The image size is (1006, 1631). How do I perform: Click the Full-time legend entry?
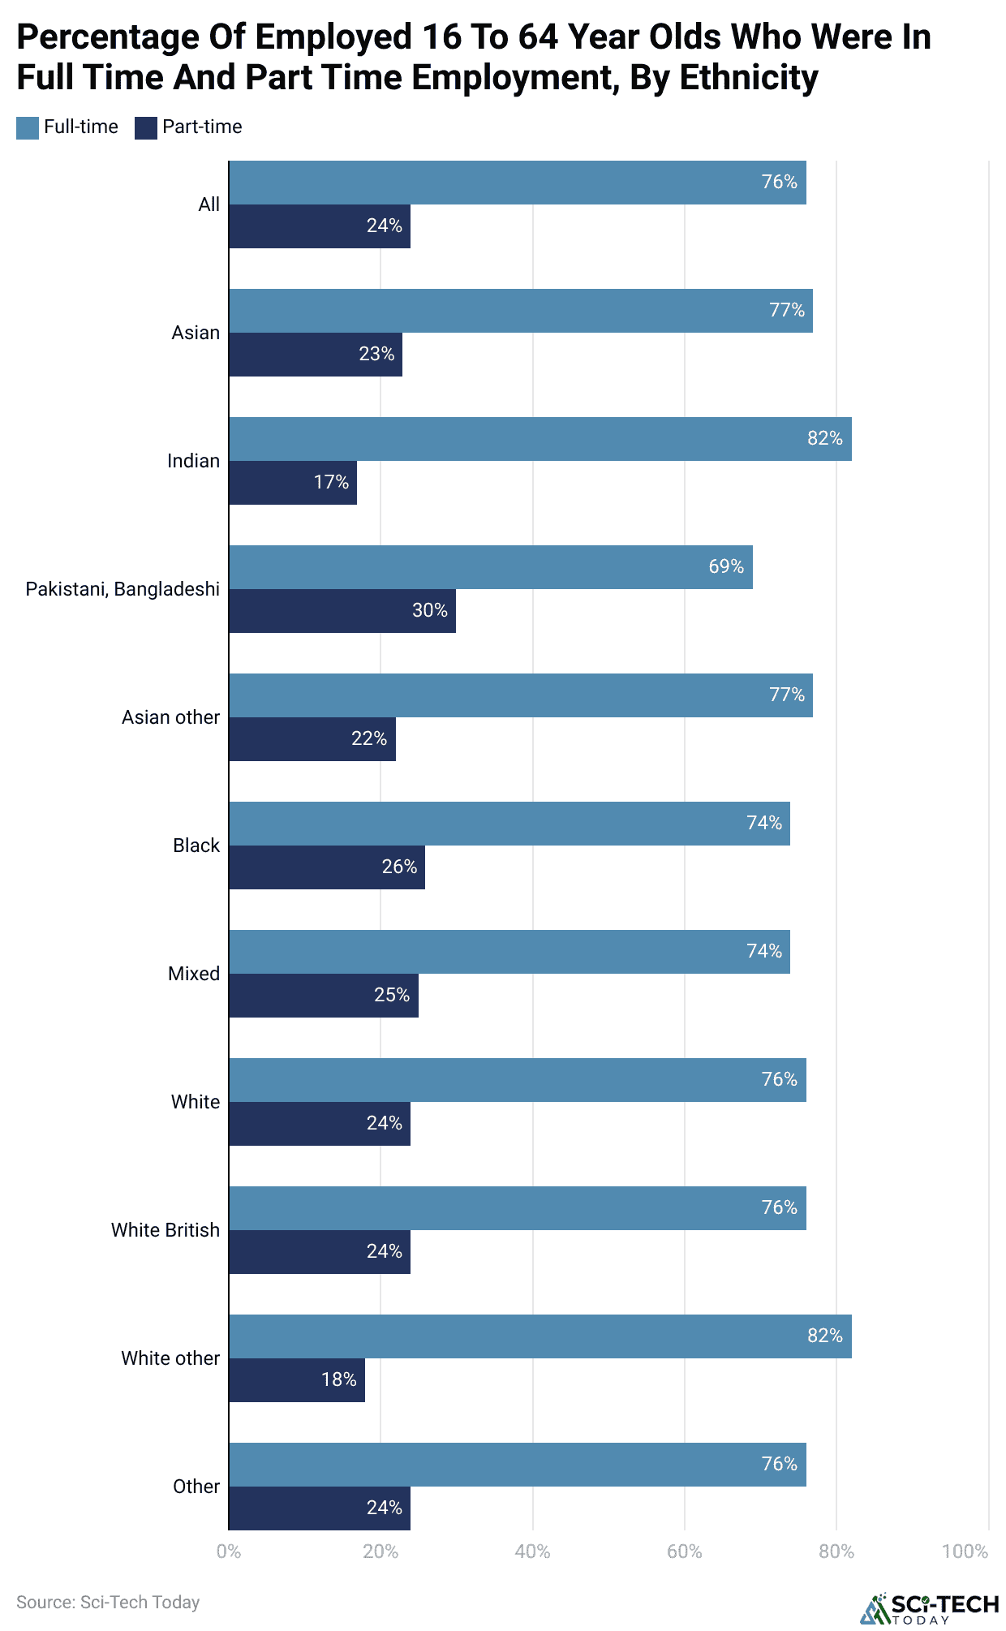67,127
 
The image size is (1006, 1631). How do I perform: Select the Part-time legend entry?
188,127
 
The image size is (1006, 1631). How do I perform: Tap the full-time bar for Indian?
540,439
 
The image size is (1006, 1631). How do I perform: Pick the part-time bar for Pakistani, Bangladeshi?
342,611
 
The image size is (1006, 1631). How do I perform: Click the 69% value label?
726,566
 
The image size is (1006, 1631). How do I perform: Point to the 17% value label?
331,482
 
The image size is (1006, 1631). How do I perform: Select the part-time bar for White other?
296,1380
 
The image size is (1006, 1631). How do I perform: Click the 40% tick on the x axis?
532,1551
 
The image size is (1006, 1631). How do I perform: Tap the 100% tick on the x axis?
965,1551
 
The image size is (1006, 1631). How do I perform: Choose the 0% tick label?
229,1551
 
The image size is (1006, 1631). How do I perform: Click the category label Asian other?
170,717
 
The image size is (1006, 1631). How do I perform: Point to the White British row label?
165,1230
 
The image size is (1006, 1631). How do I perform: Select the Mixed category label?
193,974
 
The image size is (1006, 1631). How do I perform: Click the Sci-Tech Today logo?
930,1608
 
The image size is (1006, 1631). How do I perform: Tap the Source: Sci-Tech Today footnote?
108,1602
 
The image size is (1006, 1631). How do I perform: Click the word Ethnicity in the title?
748,78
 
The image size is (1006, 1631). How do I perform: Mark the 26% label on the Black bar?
399,867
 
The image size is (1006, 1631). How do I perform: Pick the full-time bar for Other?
517,1465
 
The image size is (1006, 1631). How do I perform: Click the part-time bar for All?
319,226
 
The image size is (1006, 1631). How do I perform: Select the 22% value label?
369,738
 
